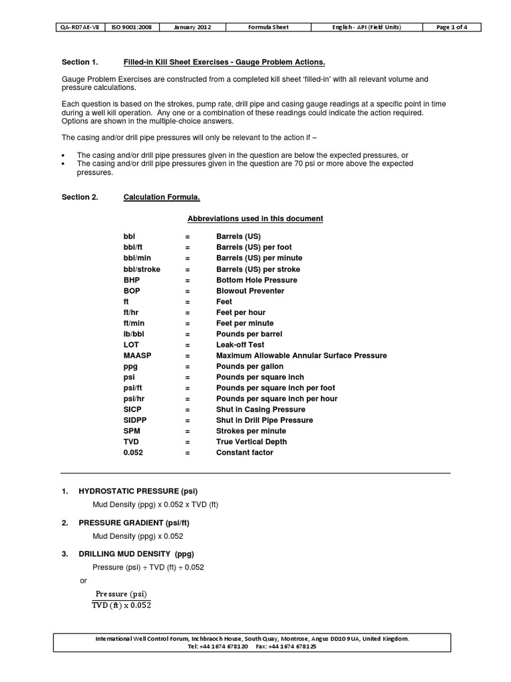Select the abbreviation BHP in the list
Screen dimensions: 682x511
(132, 280)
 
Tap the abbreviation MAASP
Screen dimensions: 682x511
(137, 356)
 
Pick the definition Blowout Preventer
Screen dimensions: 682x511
(250, 291)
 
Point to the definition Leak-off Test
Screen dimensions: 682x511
(240, 345)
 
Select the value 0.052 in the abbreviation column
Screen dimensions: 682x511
(133, 453)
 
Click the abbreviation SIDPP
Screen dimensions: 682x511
(134, 420)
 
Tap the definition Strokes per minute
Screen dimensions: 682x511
(254, 431)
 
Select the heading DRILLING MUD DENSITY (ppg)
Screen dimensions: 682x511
(136, 555)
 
